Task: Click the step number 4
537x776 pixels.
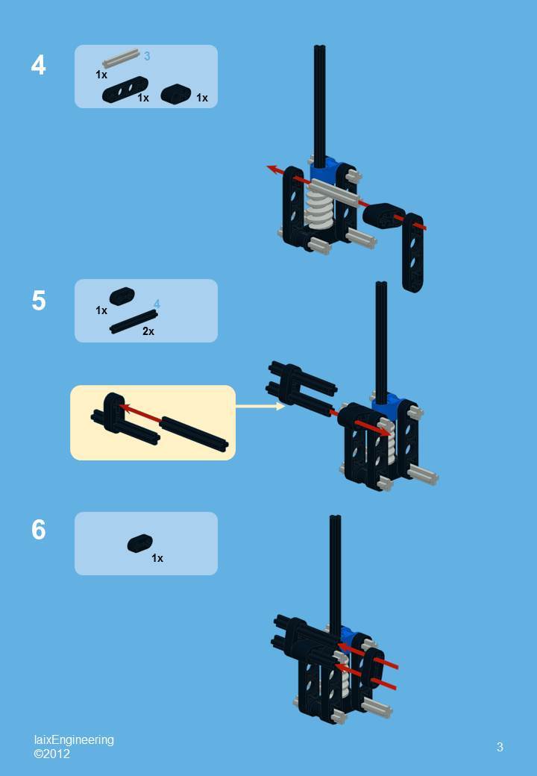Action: (38, 66)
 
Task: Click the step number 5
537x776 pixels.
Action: (38, 301)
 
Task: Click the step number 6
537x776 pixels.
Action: (38, 530)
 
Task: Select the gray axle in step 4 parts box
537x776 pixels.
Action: (121, 58)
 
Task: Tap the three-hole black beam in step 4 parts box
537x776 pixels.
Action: (125, 91)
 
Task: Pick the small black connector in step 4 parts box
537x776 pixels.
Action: (176, 94)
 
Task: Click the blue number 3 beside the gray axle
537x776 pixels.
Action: (147, 56)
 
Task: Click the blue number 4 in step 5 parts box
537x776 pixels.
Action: (157, 304)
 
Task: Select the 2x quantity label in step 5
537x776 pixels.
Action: (148, 331)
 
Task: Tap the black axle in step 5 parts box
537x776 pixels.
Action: (134, 322)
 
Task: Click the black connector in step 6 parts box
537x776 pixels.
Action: (139, 543)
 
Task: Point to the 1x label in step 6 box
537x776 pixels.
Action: (157, 558)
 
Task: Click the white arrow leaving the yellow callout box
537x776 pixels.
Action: (260, 406)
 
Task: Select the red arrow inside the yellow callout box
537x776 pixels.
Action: (142, 413)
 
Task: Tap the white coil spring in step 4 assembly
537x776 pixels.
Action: (319, 206)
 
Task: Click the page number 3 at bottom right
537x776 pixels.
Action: (500, 746)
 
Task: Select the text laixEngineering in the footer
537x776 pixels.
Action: (74, 739)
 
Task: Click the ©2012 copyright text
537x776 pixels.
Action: (51, 754)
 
